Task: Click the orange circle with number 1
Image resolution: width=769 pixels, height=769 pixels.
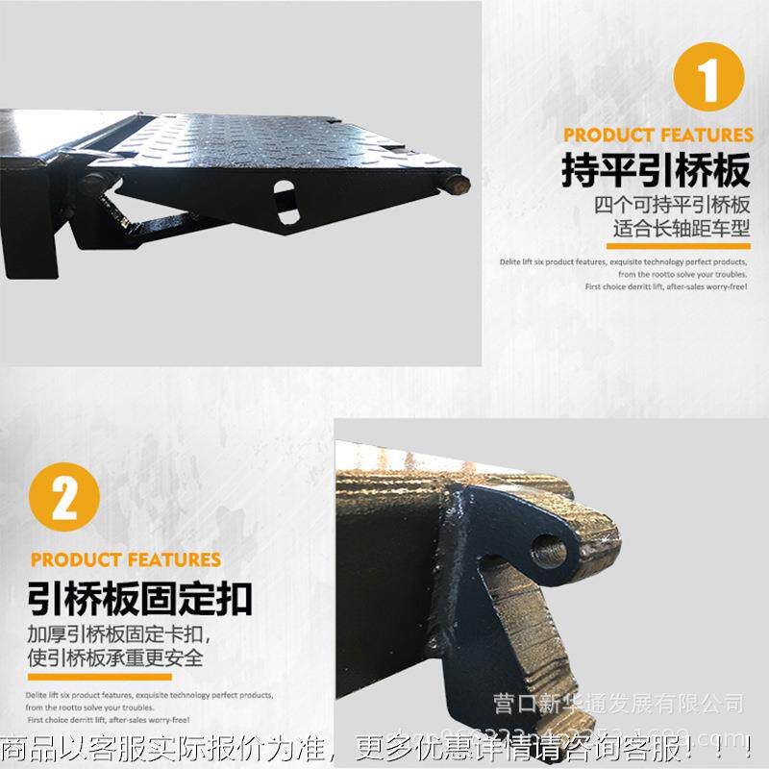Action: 709,77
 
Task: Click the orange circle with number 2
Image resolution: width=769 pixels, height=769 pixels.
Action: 64,499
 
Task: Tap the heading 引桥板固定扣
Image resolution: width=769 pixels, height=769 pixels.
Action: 140,597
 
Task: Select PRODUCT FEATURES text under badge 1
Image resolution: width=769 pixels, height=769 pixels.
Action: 658,135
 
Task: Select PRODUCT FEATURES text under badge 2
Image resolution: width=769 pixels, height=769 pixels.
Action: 126,559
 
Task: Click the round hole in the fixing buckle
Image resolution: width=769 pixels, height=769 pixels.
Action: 549,552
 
